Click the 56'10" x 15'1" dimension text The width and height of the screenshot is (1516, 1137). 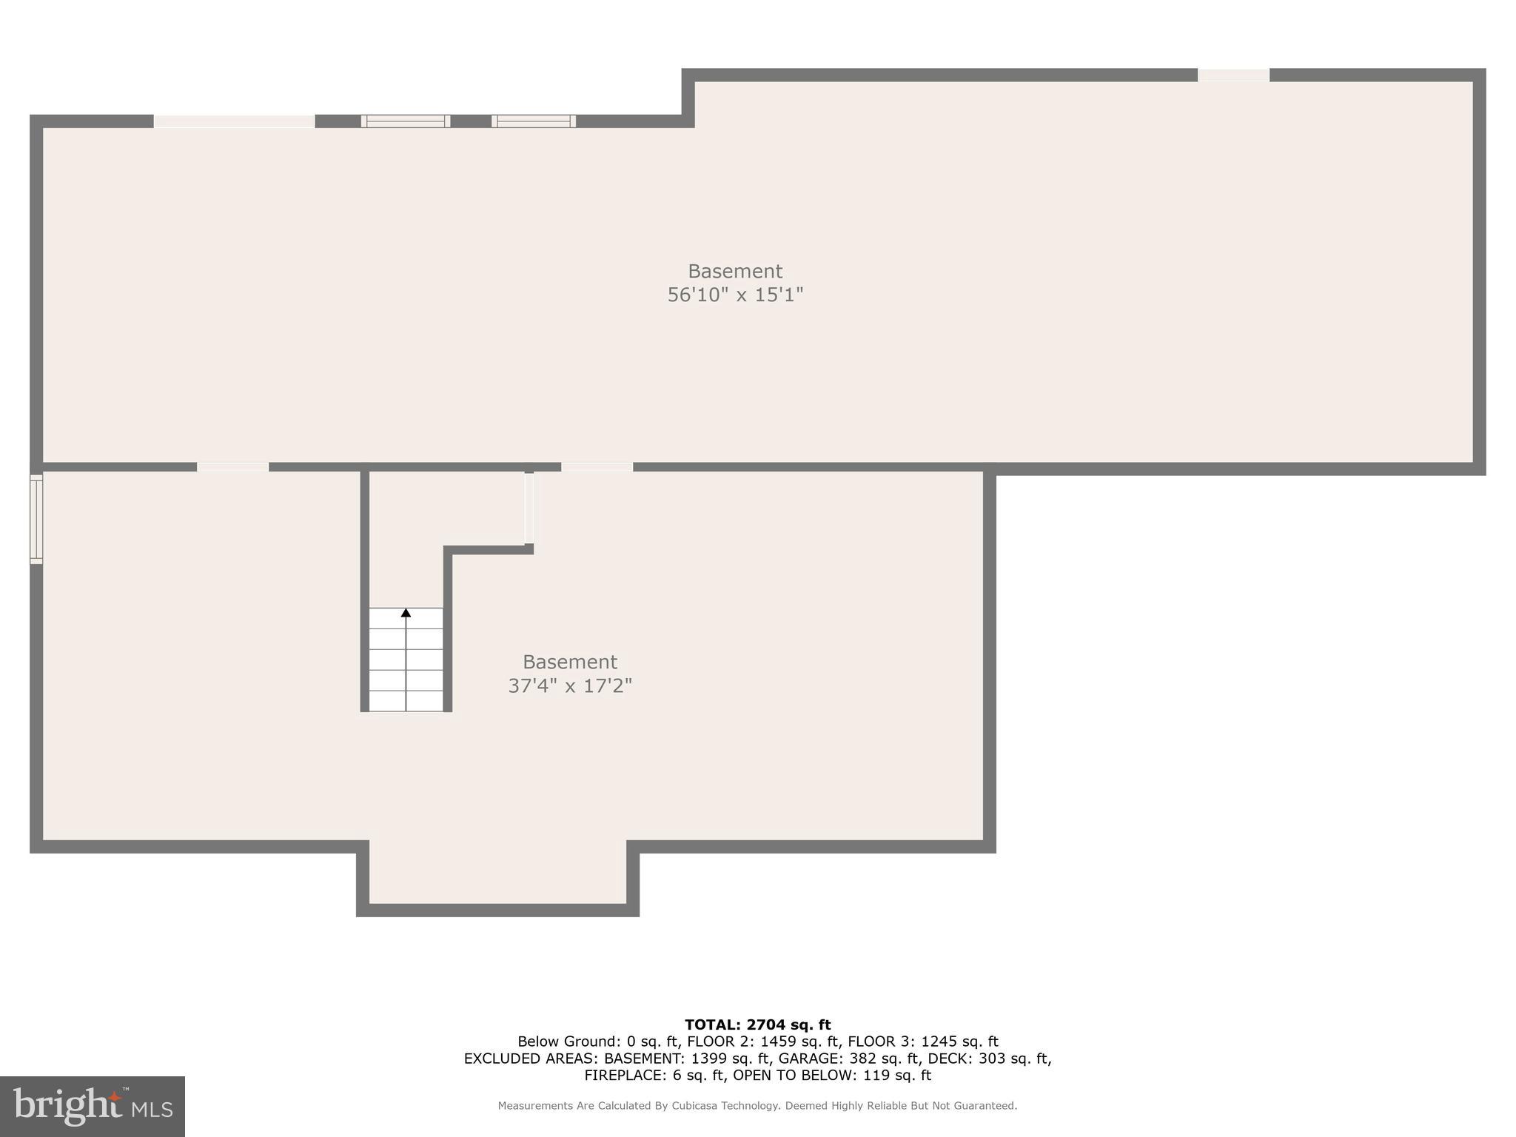coord(735,295)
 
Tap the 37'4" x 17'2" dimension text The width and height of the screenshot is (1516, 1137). coord(570,686)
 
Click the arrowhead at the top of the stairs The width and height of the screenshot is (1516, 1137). coord(406,613)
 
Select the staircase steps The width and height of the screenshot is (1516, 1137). coord(406,660)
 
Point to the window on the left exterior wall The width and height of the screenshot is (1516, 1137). coord(36,519)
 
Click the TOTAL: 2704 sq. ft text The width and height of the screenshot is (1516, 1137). coord(757,1025)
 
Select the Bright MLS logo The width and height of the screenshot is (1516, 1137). coord(93,1107)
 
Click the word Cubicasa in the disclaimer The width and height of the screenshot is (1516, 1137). coord(700,1106)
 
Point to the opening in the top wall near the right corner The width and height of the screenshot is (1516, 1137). coord(1233,75)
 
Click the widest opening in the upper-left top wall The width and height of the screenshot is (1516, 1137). coord(234,121)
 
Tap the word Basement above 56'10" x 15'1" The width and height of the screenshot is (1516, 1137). coord(735,272)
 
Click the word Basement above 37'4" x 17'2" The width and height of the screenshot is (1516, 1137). coord(570,662)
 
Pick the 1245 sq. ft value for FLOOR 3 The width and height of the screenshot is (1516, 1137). coord(959,1042)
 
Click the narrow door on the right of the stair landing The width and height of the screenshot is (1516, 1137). coord(529,509)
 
